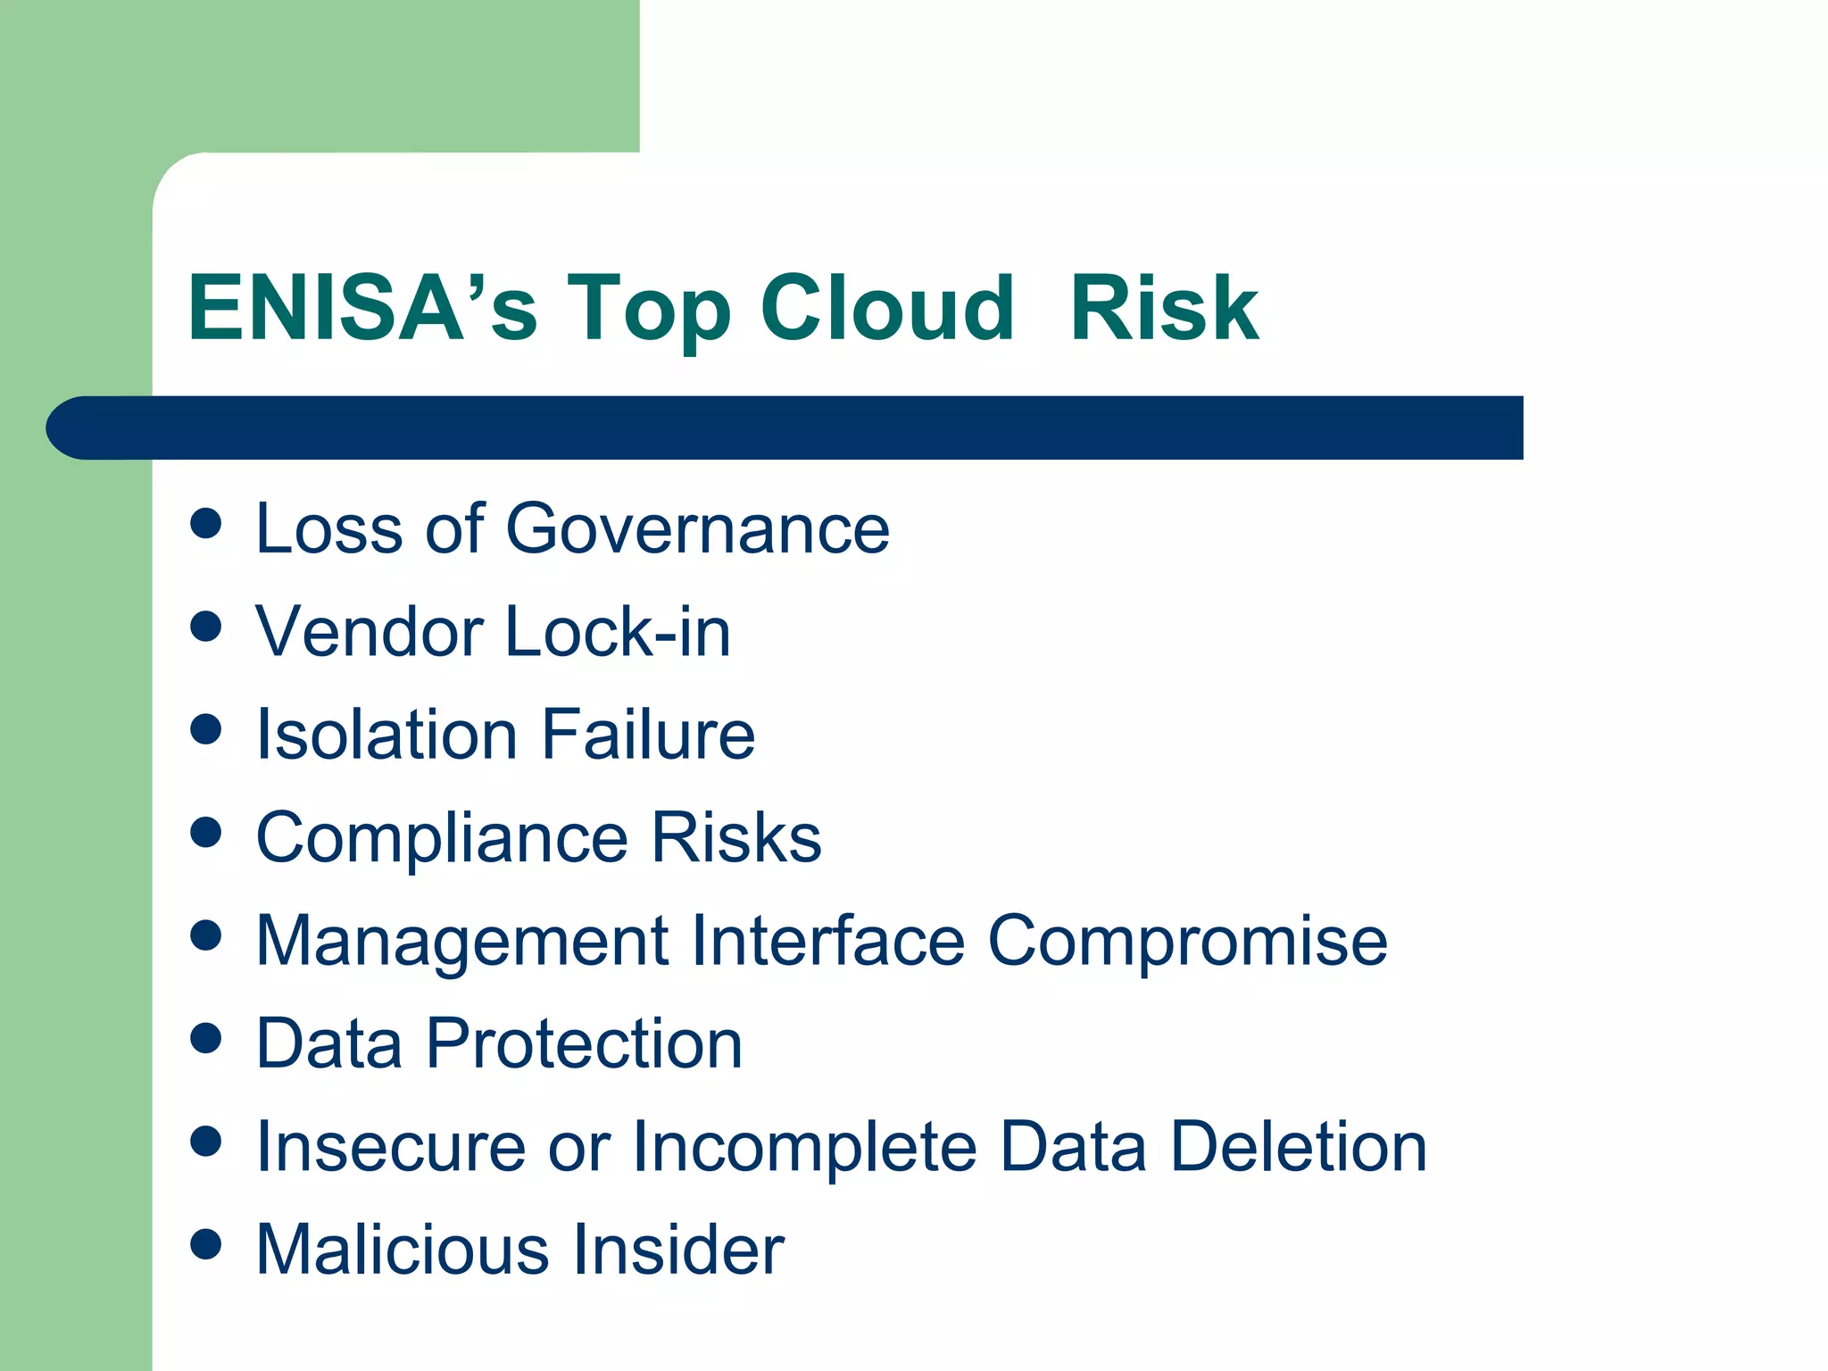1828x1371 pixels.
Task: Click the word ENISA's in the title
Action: pos(362,308)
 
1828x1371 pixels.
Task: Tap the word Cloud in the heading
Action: pos(887,308)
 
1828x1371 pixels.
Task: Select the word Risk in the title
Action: pos(1164,308)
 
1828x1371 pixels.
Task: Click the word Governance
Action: pos(697,528)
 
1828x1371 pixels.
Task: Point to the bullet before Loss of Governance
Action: pos(206,524)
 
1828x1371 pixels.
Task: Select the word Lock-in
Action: pos(618,632)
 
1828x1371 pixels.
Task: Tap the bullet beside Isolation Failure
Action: pos(206,729)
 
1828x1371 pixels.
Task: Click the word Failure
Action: pos(648,735)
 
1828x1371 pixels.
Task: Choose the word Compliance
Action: pos(442,839)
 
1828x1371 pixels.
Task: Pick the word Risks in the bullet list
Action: pos(735,837)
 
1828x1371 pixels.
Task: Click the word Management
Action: pos(462,943)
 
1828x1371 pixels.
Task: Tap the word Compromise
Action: pos(1187,943)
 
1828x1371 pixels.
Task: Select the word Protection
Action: pos(584,1043)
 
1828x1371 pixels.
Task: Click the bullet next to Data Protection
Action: pos(206,1038)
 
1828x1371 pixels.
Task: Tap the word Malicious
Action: pos(402,1250)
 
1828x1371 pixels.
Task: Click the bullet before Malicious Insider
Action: pos(206,1244)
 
